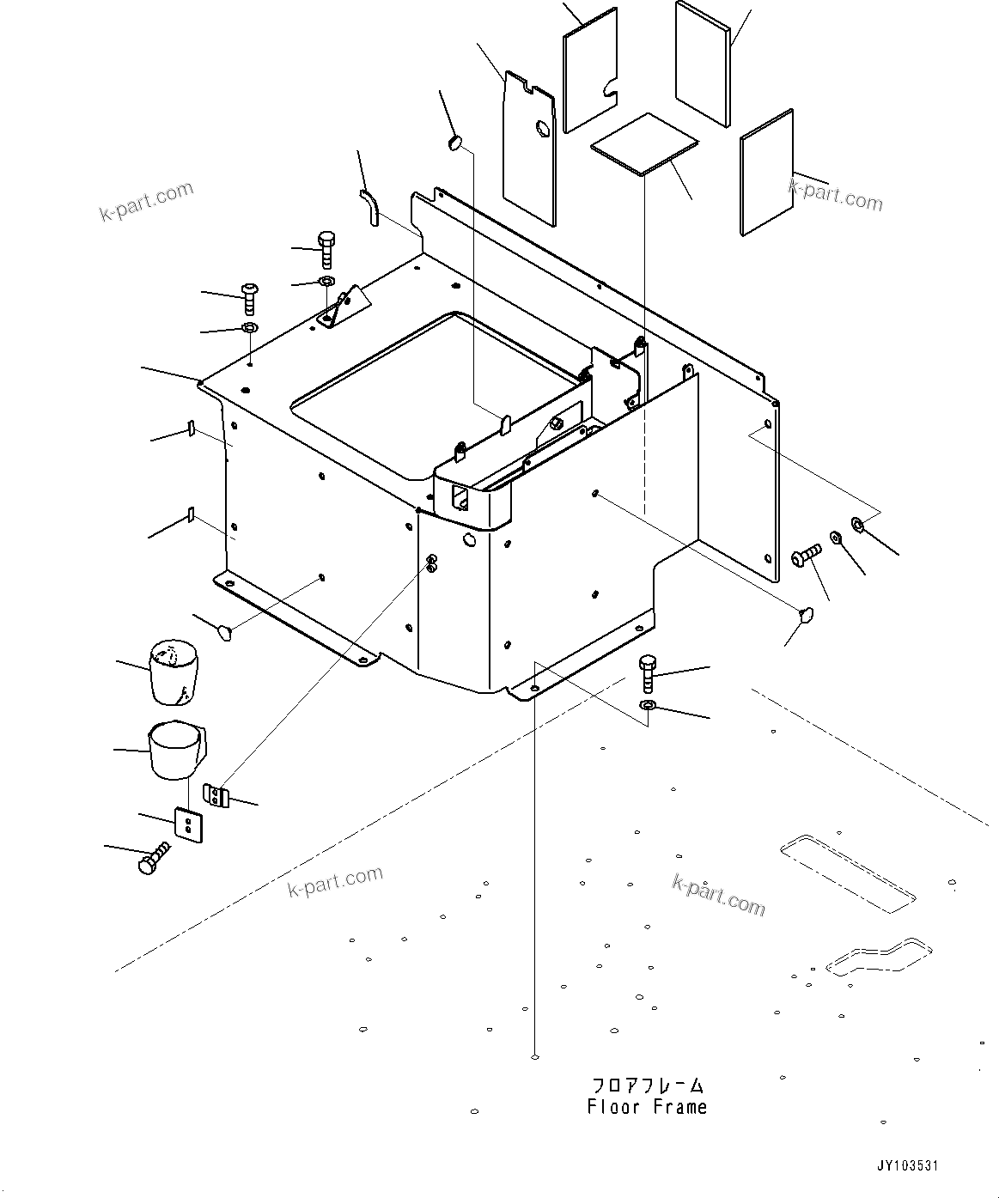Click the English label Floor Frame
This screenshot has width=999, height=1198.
click(x=647, y=1108)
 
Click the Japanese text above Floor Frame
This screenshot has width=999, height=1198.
click(x=647, y=1085)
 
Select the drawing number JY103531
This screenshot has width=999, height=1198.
click(x=907, y=1166)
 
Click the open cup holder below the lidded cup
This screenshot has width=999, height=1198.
click(x=175, y=750)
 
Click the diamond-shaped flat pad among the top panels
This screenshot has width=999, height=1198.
click(x=656, y=143)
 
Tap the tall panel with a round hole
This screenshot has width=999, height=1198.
click(x=528, y=146)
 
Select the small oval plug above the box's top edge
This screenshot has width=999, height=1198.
click(x=456, y=142)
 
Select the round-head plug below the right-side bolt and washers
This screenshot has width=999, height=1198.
click(x=805, y=612)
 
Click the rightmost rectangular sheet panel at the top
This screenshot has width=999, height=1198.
click(x=767, y=172)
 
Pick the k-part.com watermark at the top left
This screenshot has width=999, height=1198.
click(x=147, y=202)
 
